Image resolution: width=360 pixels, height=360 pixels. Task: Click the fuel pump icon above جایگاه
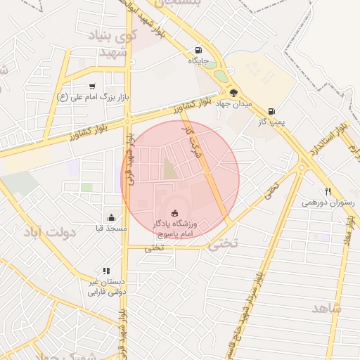(x=198, y=50)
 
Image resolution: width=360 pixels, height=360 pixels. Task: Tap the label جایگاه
(x=199, y=61)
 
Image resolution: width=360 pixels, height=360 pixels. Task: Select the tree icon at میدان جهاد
(x=233, y=92)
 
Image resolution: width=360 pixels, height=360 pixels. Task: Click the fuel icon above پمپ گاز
(x=271, y=110)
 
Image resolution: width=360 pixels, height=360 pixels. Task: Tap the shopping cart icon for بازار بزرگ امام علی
(x=92, y=86)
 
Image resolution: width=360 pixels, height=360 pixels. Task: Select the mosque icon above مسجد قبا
(x=111, y=217)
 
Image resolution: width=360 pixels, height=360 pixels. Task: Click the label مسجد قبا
(x=111, y=229)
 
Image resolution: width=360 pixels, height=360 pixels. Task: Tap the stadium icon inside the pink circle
(x=175, y=213)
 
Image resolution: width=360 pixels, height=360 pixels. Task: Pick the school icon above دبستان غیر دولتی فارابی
(x=106, y=270)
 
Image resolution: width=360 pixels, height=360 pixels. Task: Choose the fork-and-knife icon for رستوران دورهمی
(x=328, y=191)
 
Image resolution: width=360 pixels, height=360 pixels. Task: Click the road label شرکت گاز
(x=191, y=139)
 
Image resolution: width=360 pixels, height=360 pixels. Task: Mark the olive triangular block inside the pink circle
(x=169, y=169)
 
